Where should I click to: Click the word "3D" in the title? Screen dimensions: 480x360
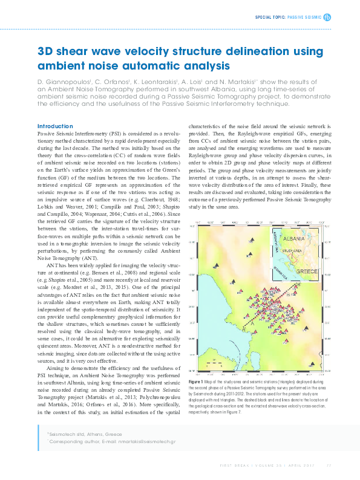tap(46, 53)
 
